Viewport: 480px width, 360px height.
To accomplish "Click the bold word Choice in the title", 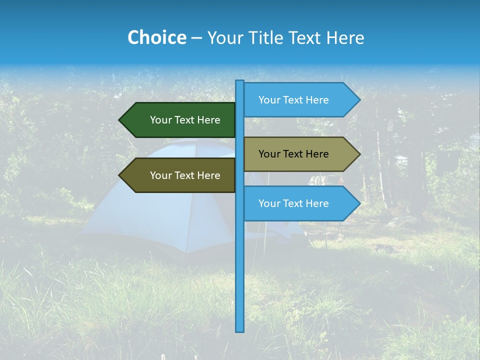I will coord(156,38).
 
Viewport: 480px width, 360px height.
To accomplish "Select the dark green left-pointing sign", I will coord(180,120).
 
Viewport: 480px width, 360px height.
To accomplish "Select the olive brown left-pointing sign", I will coord(180,175).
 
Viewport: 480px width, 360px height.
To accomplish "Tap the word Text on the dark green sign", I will coord(185,120).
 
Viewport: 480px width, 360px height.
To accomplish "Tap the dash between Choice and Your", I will coord(196,38).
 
